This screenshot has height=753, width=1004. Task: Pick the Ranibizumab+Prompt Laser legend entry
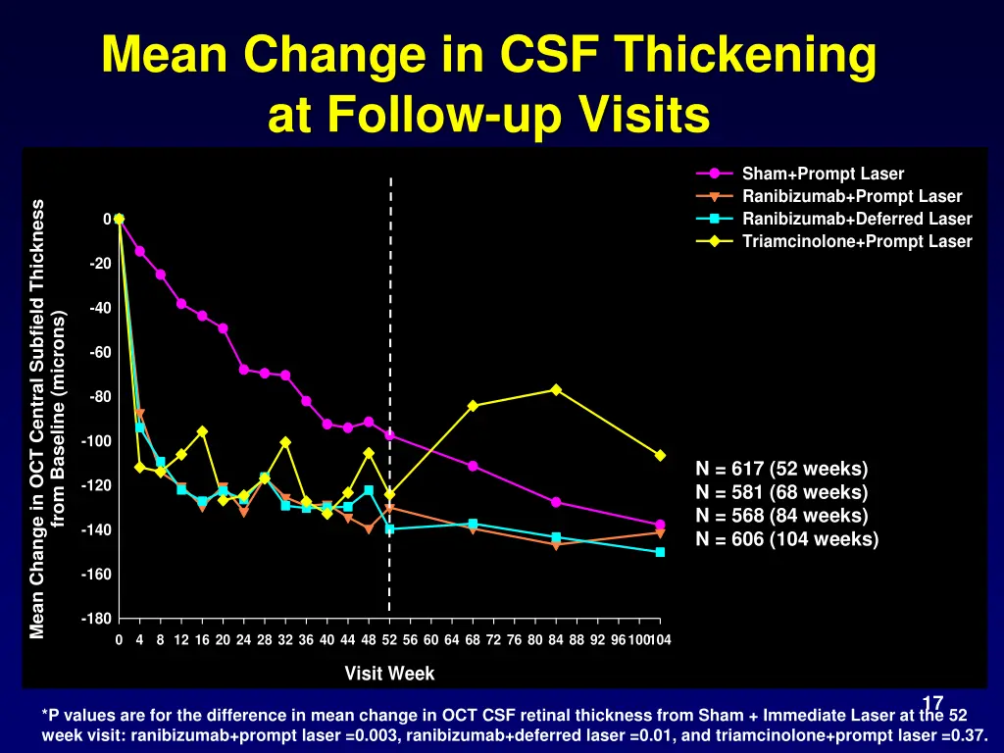[852, 197]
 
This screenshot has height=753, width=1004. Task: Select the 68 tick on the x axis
[473, 640]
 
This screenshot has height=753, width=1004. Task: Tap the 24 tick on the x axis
[243, 640]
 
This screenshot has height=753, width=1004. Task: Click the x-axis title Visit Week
[389, 674]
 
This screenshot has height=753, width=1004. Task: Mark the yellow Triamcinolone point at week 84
[556, 389]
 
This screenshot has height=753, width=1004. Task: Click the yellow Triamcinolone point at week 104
[660, 455]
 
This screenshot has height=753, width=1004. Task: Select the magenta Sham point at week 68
[473, 466]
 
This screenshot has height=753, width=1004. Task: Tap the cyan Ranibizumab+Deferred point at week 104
[660, 552]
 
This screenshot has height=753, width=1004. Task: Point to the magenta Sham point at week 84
[556, 502]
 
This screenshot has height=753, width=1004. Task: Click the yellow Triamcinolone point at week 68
[473, 406]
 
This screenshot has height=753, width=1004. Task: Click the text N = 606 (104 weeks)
[786, 539]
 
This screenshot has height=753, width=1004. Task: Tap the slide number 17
[932, 703]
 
